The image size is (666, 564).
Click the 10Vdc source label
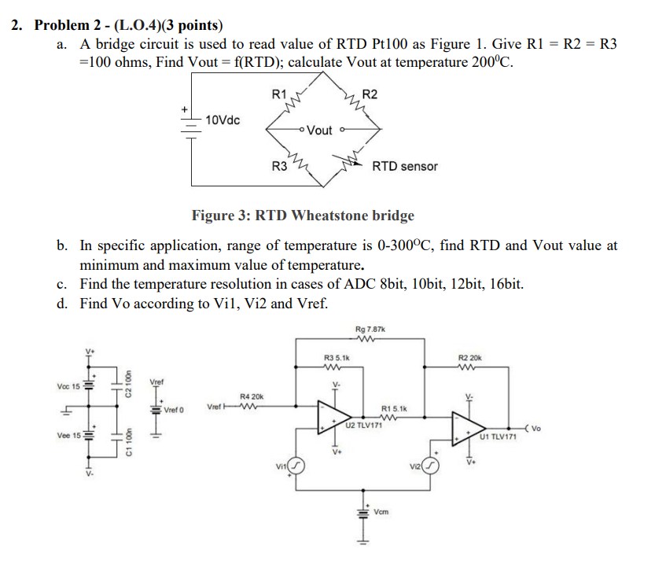pyautogui.click(x=223, y=120)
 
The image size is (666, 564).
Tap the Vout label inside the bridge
pyautogui.click(x=318, y=130)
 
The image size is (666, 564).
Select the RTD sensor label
pyautogui.click(x=405, y=166)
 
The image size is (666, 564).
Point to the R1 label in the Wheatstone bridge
pyautogui.click(x=278, y=94)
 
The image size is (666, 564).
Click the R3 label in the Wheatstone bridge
pyautogui.click(x=278, y=166)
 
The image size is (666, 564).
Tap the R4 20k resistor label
pyautogui.click(x=251, y=397)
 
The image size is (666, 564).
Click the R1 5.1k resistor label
pyautogui.click(x=393, y=408)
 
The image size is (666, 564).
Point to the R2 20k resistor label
pyautogui.click(x=469, y=358)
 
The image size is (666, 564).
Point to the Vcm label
pyautogui.click(x=383, y=511)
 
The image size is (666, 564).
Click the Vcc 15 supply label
pyautogui.click(x=68, y=386)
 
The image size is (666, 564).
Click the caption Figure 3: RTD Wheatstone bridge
pyautogui.click(x=303, y=216)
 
